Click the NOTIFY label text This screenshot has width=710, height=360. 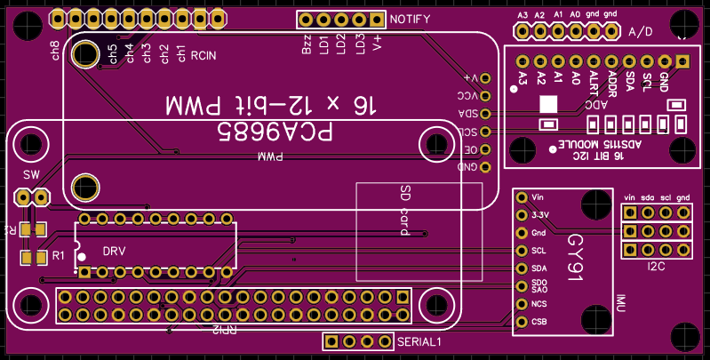410,20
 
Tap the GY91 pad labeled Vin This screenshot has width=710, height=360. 522,197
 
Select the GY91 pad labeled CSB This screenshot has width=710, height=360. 522,322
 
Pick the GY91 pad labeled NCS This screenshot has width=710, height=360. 522,304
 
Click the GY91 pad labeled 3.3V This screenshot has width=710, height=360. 522,215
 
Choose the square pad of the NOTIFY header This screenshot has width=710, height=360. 377,20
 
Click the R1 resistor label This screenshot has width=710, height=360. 59,256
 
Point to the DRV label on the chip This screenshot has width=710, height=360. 114,251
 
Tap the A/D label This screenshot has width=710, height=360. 640,32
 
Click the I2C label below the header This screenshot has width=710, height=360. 657,264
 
